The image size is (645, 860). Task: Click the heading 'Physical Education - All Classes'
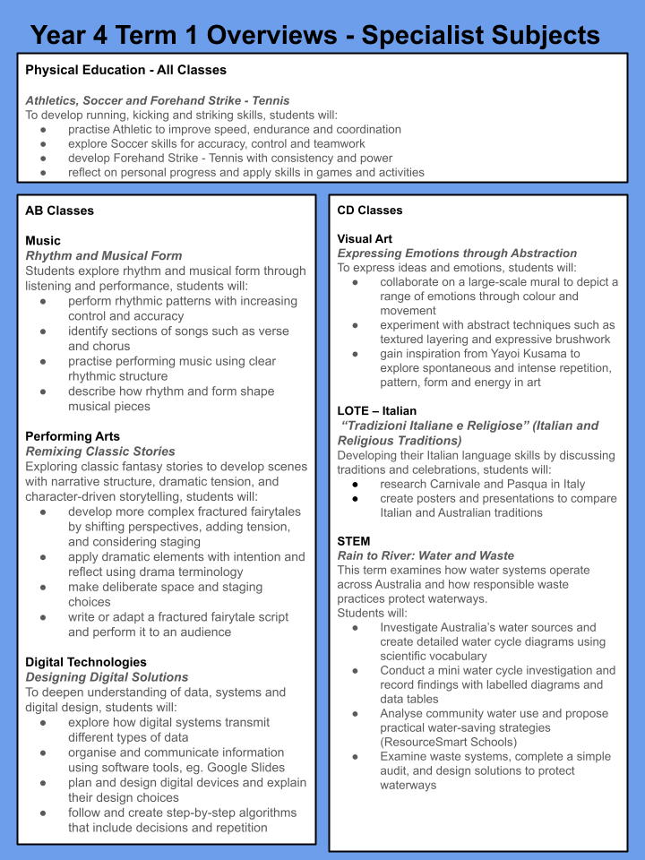pos(125,70)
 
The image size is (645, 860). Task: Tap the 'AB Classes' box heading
pos(60,211)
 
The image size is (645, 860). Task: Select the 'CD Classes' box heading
pos(370,211)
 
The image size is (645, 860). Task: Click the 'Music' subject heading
pos(43,240)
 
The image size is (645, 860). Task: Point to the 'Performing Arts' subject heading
pos(73,436)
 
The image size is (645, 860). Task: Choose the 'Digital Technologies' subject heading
pos(86,662)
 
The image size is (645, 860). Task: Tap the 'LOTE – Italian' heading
pos(376,411)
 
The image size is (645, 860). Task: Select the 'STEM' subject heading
pos(354,541)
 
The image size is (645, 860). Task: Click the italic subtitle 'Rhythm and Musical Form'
pos(104,255)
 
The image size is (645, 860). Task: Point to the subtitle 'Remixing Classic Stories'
pos(100,451)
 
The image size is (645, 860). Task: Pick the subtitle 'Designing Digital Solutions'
pos(107,677)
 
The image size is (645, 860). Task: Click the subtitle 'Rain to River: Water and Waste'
pos(426,555)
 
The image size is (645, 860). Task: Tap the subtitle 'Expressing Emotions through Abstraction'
pos(457,254)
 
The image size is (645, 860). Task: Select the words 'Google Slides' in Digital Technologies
pos(244,768)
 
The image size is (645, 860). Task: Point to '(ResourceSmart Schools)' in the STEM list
pos(448,742)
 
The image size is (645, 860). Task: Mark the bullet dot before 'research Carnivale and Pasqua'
pos(356,484)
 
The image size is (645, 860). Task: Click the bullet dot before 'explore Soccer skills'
pos(44,143)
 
